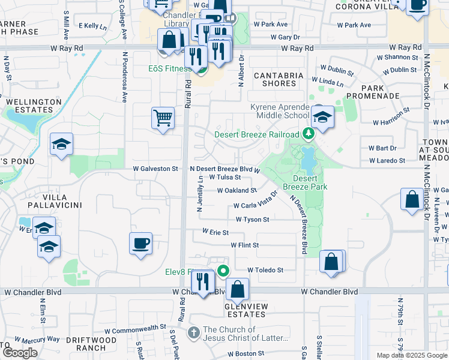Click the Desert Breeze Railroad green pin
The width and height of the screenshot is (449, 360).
(309, 133)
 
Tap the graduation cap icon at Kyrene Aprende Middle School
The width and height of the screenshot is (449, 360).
(322, 118)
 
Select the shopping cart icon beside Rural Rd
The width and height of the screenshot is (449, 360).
(163, 118)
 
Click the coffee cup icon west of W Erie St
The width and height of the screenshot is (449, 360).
(141, 244)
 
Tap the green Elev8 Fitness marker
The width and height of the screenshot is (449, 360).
(223, 271)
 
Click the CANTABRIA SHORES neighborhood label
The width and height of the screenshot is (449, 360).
(279, 79)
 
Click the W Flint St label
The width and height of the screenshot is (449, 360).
(244, 245)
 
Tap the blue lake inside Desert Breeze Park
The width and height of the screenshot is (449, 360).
(308, 159)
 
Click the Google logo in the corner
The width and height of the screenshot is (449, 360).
(20, 353)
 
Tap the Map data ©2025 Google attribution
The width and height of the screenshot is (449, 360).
(411, 355)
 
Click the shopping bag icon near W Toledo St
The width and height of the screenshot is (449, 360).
(331, 262)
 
